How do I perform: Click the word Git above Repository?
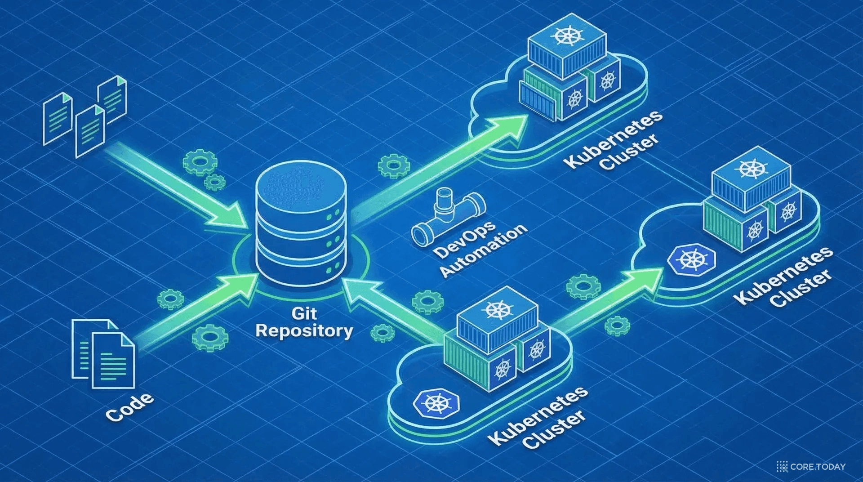[304, 313]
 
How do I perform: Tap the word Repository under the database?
[304, 331]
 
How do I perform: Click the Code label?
[130, 407]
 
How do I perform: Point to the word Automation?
[483, 250]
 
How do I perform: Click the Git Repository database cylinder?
[301, 225]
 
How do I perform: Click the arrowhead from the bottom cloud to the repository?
[360, 292]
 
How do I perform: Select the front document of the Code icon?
[113, 360]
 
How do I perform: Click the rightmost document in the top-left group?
[112, 99]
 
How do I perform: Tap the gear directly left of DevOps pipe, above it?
[394, 166]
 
